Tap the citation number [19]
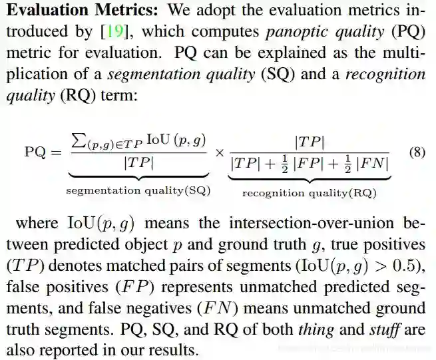point(111,31)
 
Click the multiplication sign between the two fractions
point(220,152)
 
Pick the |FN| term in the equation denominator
point(372,162)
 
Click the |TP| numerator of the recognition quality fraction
point(310,141)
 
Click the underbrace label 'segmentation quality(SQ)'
point(138,191)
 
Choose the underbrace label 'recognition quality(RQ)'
point(309,194)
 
